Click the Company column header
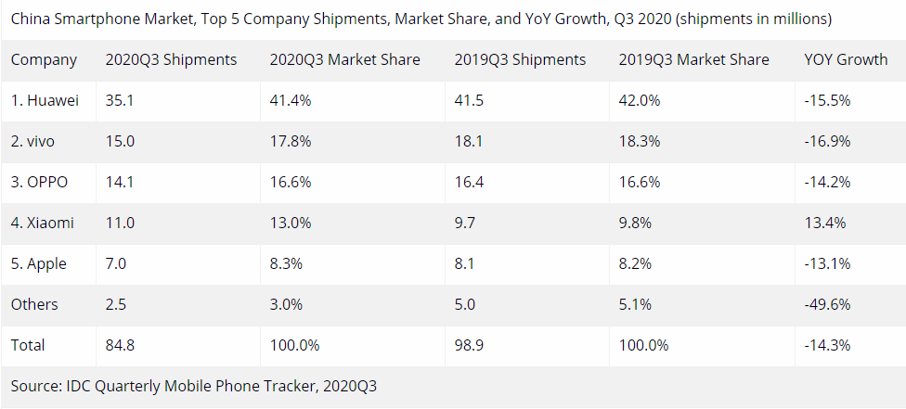point(44,60)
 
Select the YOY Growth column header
point(846,60)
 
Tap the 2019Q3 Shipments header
point(520,60)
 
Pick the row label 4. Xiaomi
point(43,224)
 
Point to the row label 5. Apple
point(39,264)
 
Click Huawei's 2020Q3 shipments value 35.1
point(120,101)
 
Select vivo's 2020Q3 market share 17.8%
point(290,142)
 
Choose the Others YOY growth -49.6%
point(828,305)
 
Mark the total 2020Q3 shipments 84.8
point(121,346)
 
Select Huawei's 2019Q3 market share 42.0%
point(641,101)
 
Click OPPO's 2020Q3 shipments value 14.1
point(120,183)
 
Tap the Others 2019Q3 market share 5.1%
point(636,305)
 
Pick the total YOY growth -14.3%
point(828,346)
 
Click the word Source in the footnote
point(35,385)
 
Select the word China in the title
point(32,18)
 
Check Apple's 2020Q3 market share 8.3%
point(286,264)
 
